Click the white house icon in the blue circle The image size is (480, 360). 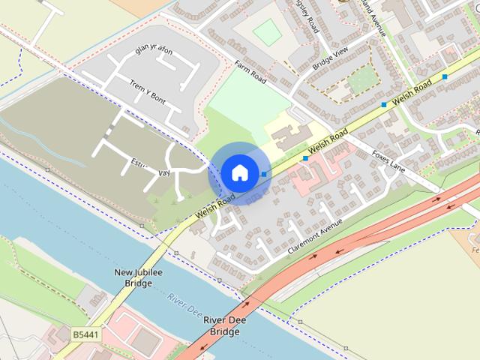(x=239, y=172)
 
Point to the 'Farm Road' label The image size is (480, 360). (x=250, y=72)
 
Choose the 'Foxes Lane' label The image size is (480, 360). (x=388, y=161)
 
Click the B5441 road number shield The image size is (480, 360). (x=87, y=333)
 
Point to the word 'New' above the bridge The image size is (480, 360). (x=123, y=272)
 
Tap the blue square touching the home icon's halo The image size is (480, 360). (x=264, y=174)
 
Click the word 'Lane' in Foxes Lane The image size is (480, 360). (x=397, y=167)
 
